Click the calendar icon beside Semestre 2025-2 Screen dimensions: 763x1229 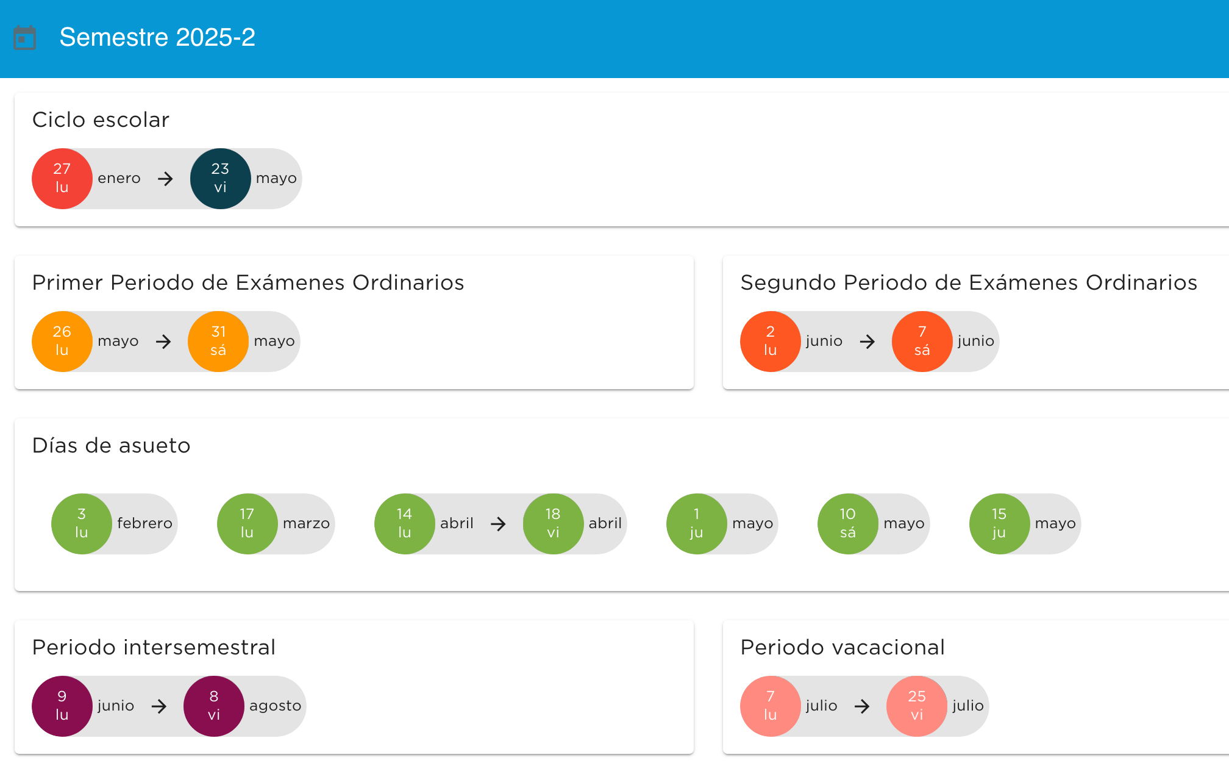click(25, 38)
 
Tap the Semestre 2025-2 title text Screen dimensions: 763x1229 click(157, 38)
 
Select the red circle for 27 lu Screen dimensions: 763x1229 click(62, 179)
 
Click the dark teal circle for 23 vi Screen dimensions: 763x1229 click(220, 179)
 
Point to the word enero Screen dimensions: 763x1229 click(119, 179)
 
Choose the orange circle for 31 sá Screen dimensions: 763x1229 click(218, 342)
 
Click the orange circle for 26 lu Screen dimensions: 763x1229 click(62, 342)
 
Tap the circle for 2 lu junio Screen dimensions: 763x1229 click(770, 342)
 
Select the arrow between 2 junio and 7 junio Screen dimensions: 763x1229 click(867, 342)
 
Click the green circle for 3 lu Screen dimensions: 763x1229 click(82, 524)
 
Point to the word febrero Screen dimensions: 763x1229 click(144, 524)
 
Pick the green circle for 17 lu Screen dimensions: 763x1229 click(247, 524)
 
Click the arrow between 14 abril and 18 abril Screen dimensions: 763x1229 click(498, 524)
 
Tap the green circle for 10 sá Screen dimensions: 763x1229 click(847, 524)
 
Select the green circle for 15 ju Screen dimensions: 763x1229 click(999, 524)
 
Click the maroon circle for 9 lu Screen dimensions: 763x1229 click(62, 706)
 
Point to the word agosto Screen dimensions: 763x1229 click(275, 706)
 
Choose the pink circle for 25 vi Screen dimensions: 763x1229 click(916, 706)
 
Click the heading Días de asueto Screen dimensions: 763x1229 click(111, 446)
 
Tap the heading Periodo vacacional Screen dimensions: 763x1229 click(842, 648)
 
